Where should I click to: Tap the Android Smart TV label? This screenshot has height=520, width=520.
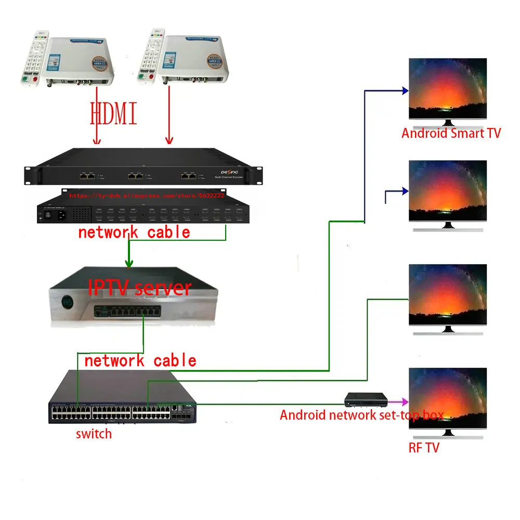click(x=451, y=133)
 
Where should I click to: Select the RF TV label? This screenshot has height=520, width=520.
click(x=424, y=447)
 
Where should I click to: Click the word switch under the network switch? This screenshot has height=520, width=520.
click(x=94, y=433)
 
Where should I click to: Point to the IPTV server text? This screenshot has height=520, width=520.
click(x=140, y=288)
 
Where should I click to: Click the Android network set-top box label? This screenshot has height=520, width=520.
click(x=361, y=415)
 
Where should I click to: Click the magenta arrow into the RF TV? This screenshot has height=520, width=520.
click(x=399, y=402)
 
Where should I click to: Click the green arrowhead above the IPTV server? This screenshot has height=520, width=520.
click(x=128, y=265)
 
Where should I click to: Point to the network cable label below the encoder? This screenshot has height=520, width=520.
click(x=134, y=232)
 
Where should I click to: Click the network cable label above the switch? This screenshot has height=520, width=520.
click(x=140, y=360)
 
